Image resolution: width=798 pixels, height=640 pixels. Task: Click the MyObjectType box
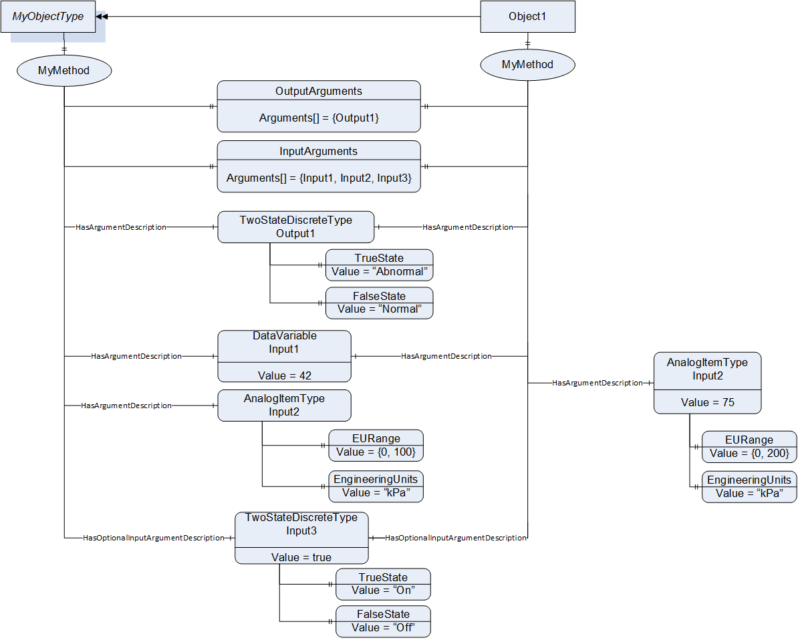[x=48, y=17]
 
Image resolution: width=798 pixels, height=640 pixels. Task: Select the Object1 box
[x=528, y=17]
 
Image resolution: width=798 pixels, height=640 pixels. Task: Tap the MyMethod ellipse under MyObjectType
[x=64, y=71]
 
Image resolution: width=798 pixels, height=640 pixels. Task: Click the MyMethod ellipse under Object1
[x=528, y=65]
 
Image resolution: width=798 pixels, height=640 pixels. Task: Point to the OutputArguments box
[x=319, y=106]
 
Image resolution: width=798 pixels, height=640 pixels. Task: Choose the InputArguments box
[x=319, y=166]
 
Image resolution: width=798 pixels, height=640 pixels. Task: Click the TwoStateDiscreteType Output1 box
[x=295, y=227]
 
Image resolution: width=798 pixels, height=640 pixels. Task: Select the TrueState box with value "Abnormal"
[x=380, y=265]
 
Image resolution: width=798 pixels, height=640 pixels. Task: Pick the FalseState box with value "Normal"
[x=380, y=303]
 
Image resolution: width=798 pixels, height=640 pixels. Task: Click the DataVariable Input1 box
[x=285, y=356]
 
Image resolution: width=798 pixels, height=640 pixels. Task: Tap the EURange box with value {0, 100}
[x=376, y=446]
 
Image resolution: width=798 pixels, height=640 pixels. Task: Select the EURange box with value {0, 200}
[x=750, y=447]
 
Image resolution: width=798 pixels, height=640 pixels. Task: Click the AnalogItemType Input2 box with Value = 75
[x=707, y=383]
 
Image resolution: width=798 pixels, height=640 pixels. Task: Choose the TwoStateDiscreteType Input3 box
[x=302, y=538]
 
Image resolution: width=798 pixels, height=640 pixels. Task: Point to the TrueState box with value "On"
[x=383, y=584]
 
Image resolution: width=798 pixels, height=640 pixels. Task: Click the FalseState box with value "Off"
[x=383, y=621]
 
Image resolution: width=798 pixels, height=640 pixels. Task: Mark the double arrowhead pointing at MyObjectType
[x=102, y=17]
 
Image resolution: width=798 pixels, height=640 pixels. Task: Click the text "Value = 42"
[x=285, y=375]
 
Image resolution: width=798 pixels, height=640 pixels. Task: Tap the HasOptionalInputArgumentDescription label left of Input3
[x=154, y=538]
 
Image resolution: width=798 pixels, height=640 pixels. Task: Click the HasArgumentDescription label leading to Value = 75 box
[x=597, y=383]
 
